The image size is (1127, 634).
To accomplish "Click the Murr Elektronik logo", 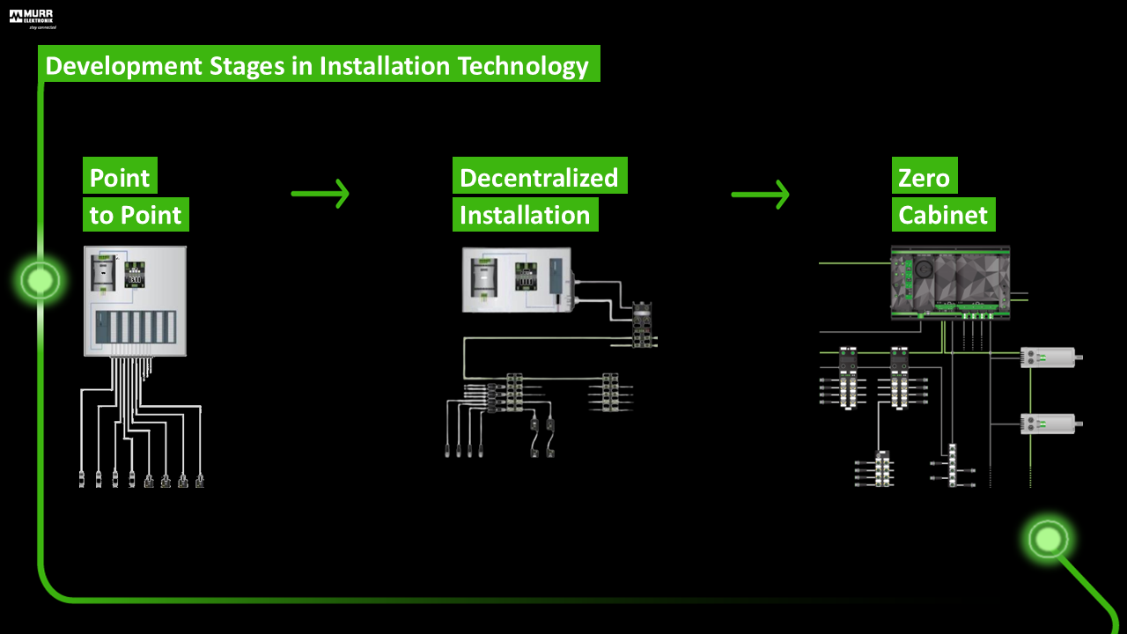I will click(x=33, y=18).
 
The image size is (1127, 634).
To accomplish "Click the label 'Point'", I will click(x=120, y=178).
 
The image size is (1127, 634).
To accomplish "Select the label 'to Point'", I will click(x=136, y=215).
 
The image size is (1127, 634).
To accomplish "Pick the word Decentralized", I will click(x=539, y=178).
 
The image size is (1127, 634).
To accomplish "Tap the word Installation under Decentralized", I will click(x=525, y=215).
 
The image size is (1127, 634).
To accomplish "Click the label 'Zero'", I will click(x=924, y=178).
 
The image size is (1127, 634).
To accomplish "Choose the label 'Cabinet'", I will click(x=943, y=215).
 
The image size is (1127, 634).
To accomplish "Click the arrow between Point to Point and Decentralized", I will click(x=320, y=194).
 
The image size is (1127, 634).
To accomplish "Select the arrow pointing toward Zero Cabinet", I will click(x=760, y=194).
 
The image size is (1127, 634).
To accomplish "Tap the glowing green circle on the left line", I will click(x=41, y=281).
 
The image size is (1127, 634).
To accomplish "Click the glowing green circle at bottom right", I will click(x=1048, y=538).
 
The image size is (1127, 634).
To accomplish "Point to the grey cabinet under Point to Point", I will click(x=135, y=301).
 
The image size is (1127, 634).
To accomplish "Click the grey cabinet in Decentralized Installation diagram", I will click(x=517, y=279).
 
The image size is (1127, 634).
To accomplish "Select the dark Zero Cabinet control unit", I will click(x=950, y=283).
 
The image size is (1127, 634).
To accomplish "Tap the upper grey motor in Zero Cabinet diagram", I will click(x=1050, y=357).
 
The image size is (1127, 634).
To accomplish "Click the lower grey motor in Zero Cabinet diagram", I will click(x=1050, y=424).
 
